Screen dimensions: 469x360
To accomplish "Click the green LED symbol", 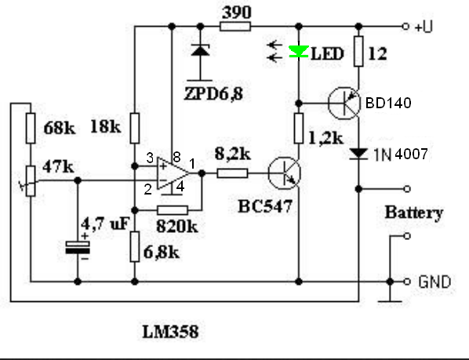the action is click(x=299, y=52).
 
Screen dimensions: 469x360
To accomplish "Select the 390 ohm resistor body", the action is click(x=235, y=27).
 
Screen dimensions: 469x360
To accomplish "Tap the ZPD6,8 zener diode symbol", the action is click(x=200, y=50).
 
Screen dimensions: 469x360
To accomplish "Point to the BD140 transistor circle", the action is click(x=344, y=104).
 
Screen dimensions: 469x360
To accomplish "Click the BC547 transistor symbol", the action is click(x=284, y=173).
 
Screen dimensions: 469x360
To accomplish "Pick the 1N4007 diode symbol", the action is click(x=358, y=155).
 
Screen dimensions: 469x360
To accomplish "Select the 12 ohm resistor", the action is click(x=358, y=51).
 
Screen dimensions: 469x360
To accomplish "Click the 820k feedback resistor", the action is click(x=173, y=210).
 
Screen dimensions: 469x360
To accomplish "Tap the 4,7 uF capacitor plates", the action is click(x=78, y=248).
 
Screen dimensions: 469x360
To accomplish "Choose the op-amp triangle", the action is click(x=173, y=173).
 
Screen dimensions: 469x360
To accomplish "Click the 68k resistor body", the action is click(x=31, y=128).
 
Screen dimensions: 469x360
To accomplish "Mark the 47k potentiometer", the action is click(x=31, y=181).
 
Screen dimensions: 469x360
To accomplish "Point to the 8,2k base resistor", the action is click(x=232, y=173).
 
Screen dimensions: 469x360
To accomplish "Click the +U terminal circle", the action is click(x=405, y=27).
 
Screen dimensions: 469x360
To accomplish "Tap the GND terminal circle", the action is click(x=407, y=282).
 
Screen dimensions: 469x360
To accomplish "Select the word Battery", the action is click(x=413, y=213).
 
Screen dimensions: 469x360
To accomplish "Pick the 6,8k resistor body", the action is click(x=135, y=247).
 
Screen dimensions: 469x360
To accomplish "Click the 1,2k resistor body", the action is click(x=299, y=128).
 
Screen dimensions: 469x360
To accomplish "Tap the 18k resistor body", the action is click(x=135, y=128).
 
